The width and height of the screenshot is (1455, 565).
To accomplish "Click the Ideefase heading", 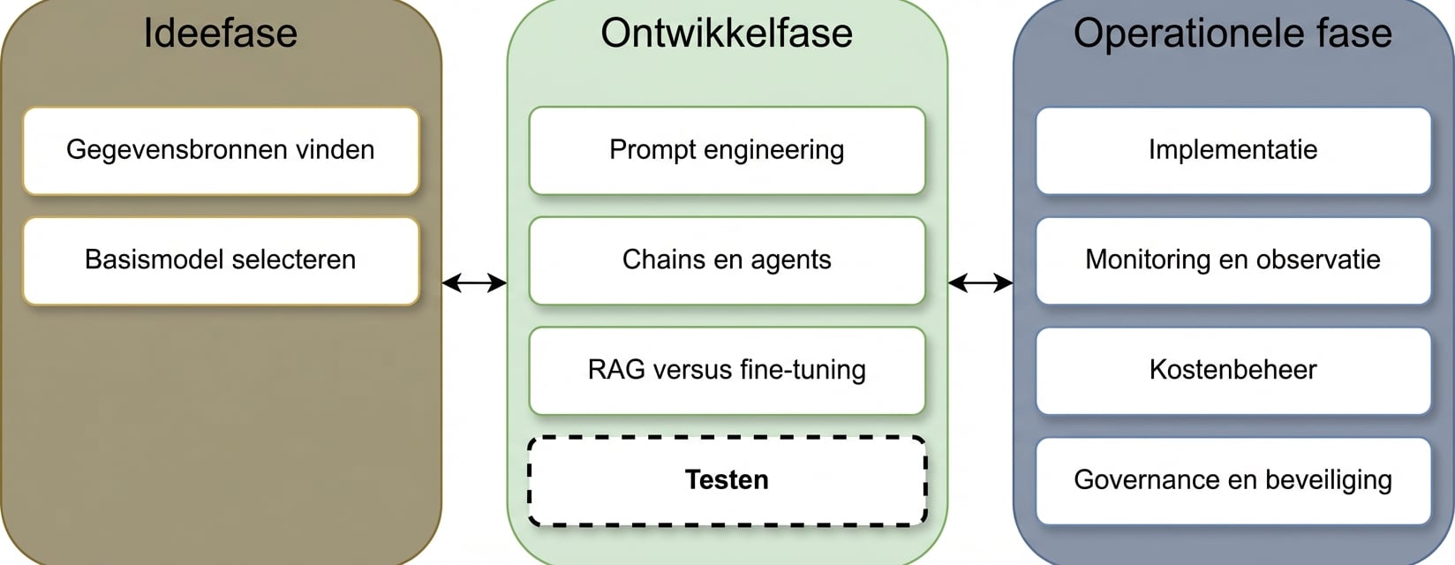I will click(220, 34).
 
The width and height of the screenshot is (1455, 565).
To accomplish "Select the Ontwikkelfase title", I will click(727, 34).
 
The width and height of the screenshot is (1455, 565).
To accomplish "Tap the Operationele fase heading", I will click(1233, 34).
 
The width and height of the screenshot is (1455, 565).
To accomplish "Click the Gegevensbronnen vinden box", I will click(221, 150).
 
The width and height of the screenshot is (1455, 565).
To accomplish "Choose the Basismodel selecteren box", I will click(221, 260).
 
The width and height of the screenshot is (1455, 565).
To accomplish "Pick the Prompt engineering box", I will click(727, 150).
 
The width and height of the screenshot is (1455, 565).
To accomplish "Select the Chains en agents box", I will click(727, 260).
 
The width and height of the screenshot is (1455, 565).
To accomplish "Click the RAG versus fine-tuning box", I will click(727, 370).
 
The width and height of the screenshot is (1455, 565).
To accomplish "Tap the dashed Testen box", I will click(727, 480).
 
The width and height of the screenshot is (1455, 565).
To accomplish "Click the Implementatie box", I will click(1233, 150).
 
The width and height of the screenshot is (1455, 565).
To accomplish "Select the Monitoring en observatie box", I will click(1233, 260).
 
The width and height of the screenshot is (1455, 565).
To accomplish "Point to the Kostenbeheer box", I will click(1233, 370).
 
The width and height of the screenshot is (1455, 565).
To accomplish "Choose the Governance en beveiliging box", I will click(1233, 480).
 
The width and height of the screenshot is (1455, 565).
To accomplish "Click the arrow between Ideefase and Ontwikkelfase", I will click(474, 282).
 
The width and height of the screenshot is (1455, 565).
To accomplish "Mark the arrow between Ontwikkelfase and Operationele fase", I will click(980, 282).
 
